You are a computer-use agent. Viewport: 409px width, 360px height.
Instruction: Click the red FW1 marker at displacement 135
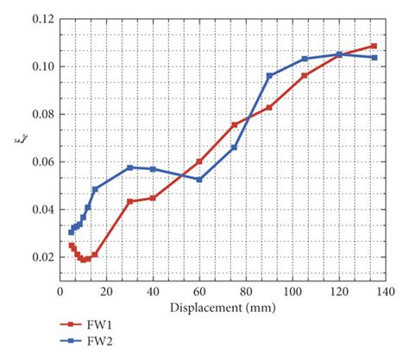(374, 46)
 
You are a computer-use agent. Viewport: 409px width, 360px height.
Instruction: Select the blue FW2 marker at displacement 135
(374, 57)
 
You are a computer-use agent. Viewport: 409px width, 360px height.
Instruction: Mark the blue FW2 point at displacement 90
(269, 75)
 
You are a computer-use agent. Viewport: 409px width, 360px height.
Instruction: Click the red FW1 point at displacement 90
(269, 107)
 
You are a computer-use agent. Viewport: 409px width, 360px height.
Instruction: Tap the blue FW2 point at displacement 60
(199, 180)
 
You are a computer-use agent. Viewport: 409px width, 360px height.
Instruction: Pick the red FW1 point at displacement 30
(130, 201)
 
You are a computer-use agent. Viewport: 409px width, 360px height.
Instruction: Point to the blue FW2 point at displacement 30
(130, 167)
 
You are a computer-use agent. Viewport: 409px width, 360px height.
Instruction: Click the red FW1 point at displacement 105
(305, 75)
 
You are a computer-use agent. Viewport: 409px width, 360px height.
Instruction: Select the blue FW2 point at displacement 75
(234, 148)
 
